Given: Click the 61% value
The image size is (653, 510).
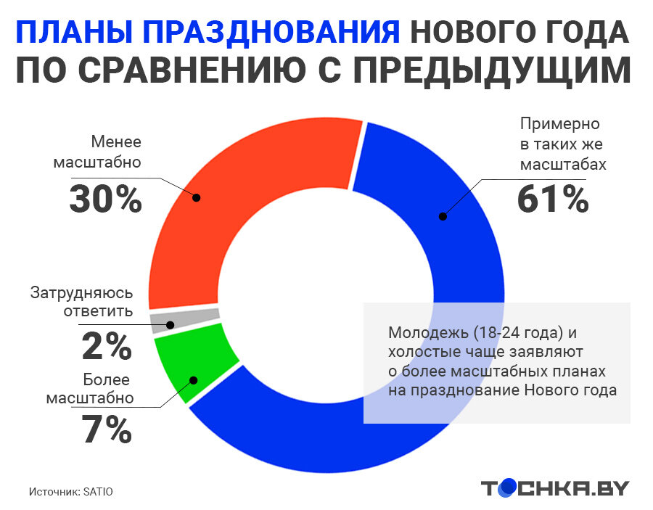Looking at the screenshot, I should click(552, 199).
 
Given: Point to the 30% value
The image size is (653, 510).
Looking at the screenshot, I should click(105, 199).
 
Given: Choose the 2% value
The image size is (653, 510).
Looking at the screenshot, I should click(107, 346).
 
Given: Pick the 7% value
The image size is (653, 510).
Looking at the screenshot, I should click(107, 430).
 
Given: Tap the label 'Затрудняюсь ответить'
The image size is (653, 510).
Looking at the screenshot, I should click(81, 303).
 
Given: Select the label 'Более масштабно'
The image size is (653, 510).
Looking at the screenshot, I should click(90, 389).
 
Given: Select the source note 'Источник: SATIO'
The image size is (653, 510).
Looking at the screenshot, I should click(71, 491).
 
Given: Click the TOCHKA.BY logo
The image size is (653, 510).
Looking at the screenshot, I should click(554, 488).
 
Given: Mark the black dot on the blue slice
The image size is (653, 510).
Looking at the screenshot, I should click(443, 215).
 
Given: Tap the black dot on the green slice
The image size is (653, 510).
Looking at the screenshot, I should click(193, 379).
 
